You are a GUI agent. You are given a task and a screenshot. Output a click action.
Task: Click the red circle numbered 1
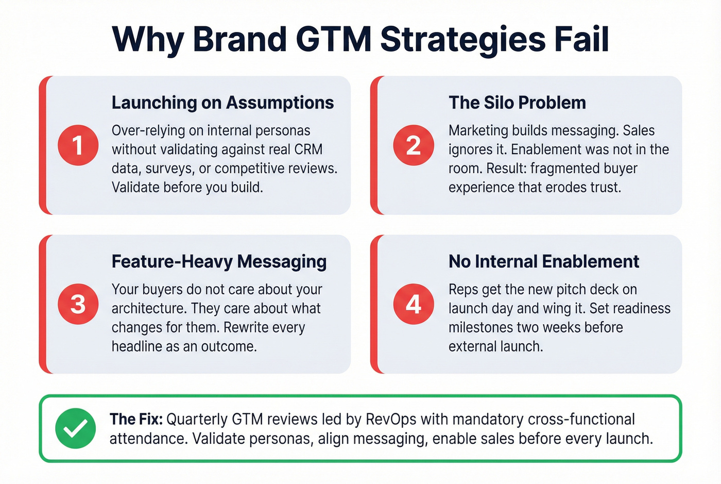pyautogui.click(x=78, y=145)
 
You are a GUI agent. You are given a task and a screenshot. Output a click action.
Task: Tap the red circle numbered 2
pyautogui.click(x=414, y=145)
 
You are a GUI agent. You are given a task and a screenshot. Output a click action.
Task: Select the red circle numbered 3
pyautogui.click(x=78, y=304)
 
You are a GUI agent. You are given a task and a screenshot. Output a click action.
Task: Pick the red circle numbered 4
pyautogui.click(x=414, y=304)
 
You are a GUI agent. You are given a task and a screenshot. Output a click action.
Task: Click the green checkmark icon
pyautogui.click(x=75, y=428)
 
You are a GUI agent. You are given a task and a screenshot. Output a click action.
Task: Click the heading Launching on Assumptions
pyautogui.click(x=222, y=103)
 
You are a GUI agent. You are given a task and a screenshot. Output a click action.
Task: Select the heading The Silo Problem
pyautogui.click(x=517, y=103)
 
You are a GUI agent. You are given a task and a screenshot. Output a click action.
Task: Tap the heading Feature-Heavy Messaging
pyautogui.click(x=219, y=261)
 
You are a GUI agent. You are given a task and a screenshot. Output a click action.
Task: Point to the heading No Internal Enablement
pyautogui.click(x=543, y=261)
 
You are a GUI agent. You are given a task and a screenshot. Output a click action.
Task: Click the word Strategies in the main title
pyautogui.click(x=462, y=39)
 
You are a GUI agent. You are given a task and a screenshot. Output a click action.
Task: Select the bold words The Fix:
pyautogui.click(x=136, y=419)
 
